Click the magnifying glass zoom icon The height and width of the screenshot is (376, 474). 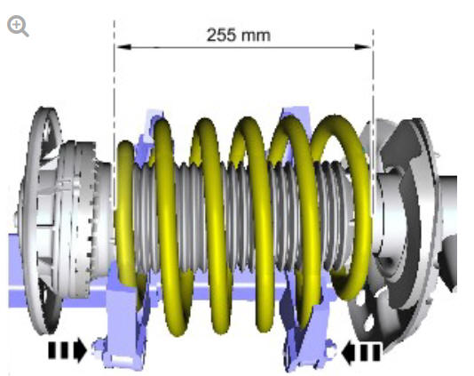pos(18,27)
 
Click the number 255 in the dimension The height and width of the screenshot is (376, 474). pos(221,36)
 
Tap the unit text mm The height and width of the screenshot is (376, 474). pos(257,36)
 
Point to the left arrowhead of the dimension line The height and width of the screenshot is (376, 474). pos(123,47)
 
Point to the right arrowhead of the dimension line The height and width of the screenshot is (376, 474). pos(363,47)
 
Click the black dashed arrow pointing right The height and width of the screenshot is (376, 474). pos(67,350)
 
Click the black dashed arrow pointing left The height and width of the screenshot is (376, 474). pos(360,352)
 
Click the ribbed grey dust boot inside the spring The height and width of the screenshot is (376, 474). pos(241,217)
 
